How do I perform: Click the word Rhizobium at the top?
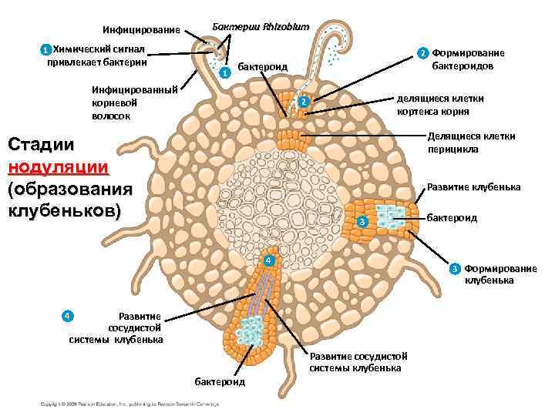(x=286, y=27)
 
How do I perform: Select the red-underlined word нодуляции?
(x=58, y=167)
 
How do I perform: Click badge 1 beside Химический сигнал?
(x=45, y=50)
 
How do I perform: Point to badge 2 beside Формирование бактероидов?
(x=422, y=54)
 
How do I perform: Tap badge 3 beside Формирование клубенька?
(x=456, y=268)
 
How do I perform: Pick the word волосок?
(x=112, y=116)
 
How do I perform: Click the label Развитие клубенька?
(x=473, y=187)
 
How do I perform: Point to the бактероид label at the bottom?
(x=220, y=382)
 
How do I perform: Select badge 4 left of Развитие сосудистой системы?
(x=68, y=315)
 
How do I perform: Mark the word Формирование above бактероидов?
(x=469, y=53)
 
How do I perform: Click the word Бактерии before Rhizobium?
(x=236, y=27)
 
